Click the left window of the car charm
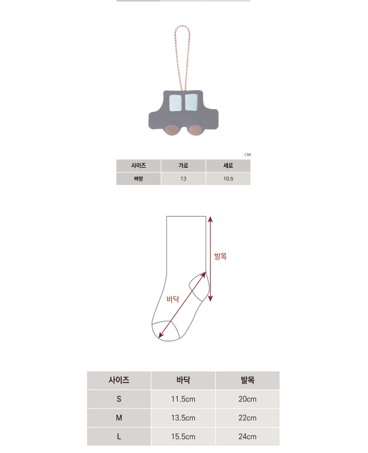pyautogui.click(x=175, y=103)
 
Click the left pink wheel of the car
pyautogui.click(x=172, y=131)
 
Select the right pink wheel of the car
pyautogui.click(x=195, y=130)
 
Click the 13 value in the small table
pyautogui.click(x=183, y=179)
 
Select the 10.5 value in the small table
pyautogui.click(x=228, y=179)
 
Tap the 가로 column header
pyautogui.click(x=183, y=165)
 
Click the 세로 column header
pyautogui.click(x=228, y=165)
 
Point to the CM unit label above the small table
pyautogui.click(x=247, y=155)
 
